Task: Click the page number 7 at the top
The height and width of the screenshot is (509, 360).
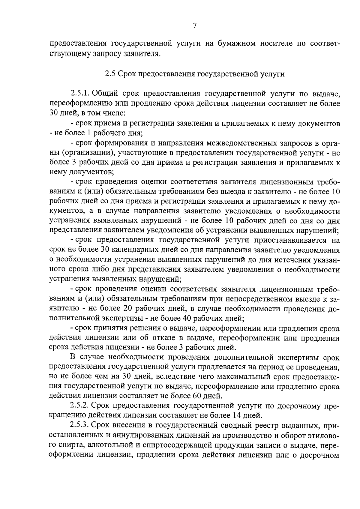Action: [x=194, y=26]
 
